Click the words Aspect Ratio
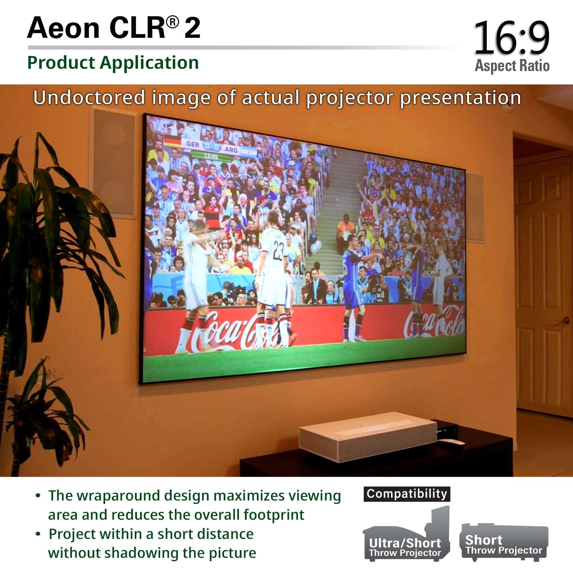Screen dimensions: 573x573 tap(512, 66)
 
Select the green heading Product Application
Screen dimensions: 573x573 tap(113, 62)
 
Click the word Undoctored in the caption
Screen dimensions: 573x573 tap(89, 97)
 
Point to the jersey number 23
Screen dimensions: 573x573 tap(278, 250)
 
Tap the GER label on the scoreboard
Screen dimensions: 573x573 tap(193, 144)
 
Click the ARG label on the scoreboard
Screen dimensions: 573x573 tap(231, 150)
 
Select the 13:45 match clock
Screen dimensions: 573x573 tap(211, 156)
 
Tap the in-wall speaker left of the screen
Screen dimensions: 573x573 tap(115, 163)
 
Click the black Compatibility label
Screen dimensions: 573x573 tap(407, 494)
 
